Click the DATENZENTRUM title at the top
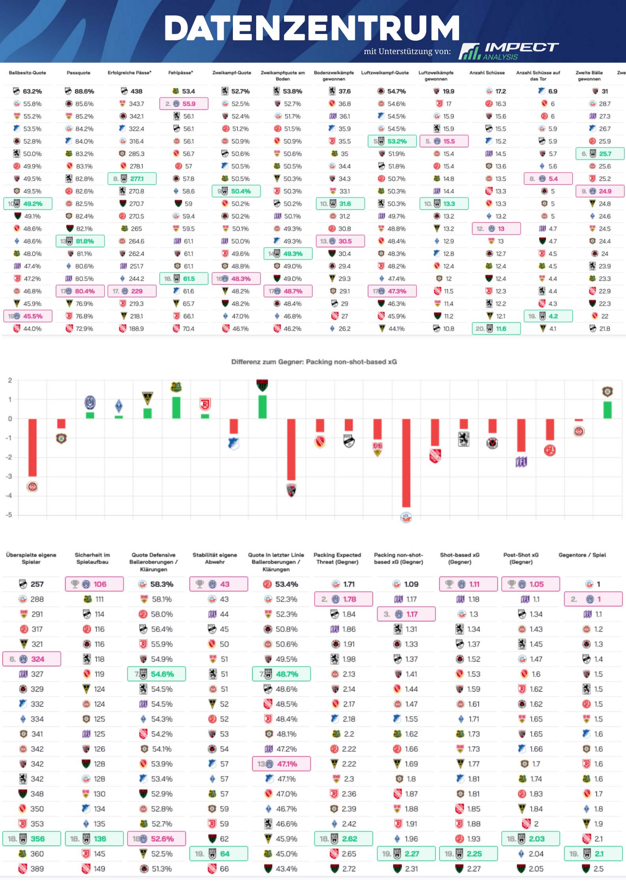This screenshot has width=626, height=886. [x=312, y=28]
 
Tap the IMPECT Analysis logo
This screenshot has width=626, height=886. [x=508, y=51]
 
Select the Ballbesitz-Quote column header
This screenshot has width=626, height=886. [x=27, y=73]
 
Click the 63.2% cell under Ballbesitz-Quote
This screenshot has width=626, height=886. [x=32, y=91]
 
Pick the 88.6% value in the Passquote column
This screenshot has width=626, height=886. [x=84, y=91]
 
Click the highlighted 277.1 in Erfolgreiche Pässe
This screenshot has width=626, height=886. [x=137, y=179]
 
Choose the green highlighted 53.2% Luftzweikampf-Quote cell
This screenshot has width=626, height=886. [x=396, y=141]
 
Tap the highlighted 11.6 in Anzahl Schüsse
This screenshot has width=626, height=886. [x=500, y=329]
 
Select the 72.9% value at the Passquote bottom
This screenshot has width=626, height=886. [x=84, y=329]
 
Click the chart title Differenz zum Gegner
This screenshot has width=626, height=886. [x=314, y=362]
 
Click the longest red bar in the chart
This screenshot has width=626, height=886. [x=406, y=463]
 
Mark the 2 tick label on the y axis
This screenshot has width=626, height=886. [x=10, y=380]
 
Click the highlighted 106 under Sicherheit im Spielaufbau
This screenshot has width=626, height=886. [x=99, y=584]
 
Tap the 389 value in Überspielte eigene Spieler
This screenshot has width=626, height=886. [x=37, y=869]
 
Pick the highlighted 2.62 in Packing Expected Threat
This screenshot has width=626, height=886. [x=349, y=839]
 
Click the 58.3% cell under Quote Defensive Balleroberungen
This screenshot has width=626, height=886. [x=161, y=584]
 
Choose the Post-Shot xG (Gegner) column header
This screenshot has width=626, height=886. [x=521, y=558]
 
